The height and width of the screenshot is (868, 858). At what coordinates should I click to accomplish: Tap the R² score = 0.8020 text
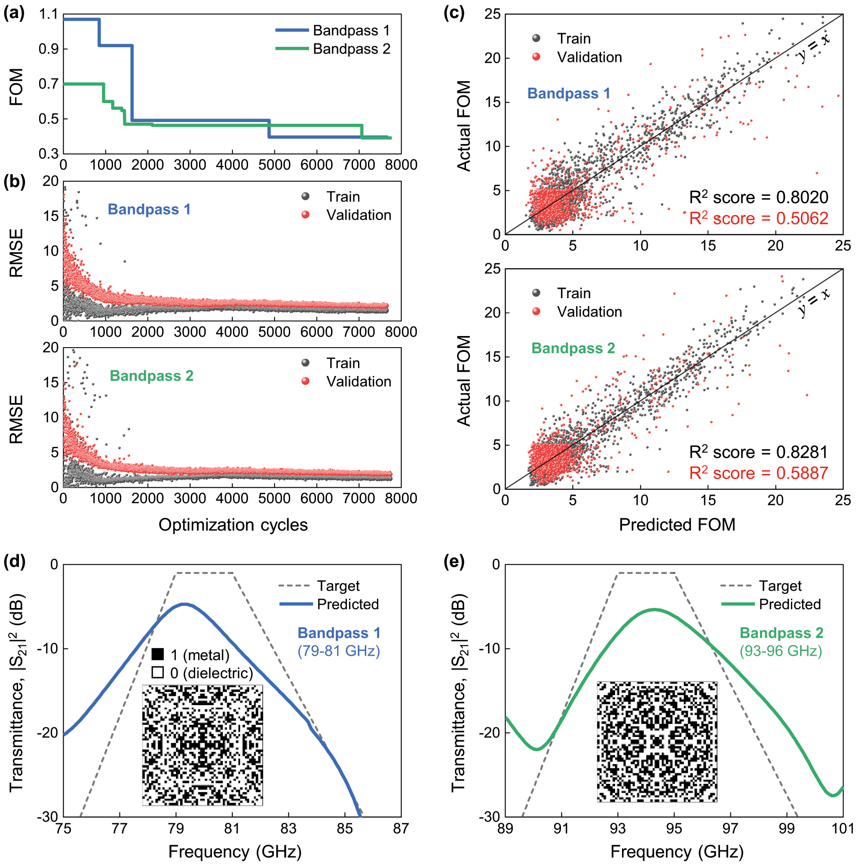758,197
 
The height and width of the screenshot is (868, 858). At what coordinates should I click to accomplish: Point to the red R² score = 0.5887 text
758,473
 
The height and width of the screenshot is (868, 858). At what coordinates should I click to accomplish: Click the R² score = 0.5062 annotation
758,218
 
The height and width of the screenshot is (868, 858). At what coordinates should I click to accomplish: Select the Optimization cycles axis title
233,525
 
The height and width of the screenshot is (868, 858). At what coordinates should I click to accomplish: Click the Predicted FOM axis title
677,525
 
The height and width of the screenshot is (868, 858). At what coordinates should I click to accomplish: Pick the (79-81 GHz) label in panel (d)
338,651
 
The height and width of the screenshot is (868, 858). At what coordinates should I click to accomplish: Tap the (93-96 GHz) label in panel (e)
781,651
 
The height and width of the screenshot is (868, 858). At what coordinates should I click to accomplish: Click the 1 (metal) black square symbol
157,654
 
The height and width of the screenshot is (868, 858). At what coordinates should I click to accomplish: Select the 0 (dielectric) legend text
211,673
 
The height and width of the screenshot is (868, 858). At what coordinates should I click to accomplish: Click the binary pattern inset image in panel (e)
657,741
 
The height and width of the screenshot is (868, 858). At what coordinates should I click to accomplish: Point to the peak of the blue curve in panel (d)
184,604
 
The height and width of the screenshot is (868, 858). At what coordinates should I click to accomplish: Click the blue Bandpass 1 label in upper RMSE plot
149,209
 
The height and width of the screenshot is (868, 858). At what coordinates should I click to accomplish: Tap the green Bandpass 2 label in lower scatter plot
573,348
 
